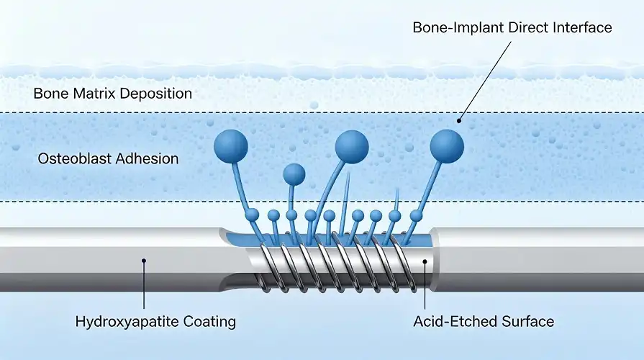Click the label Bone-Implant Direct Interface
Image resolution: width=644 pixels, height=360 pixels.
click(512, 28)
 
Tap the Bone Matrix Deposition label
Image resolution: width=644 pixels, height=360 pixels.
click(112, 94)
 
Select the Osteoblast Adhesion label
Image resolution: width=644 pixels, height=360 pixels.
click(108, 158)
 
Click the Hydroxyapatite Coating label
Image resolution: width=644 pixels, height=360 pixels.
click(155, 321)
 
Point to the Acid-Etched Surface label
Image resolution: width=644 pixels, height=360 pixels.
click(484, 321)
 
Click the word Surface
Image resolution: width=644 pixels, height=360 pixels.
click(529, 321)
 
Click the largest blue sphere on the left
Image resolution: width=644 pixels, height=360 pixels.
click(231, 146)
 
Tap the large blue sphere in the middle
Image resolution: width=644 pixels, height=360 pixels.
click(352, 146)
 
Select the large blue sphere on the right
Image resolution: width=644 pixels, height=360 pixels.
click(447, 145)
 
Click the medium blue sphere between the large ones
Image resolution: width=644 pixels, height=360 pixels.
click(294, 174)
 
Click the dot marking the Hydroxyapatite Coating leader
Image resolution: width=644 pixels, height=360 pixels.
click(144, 261)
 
